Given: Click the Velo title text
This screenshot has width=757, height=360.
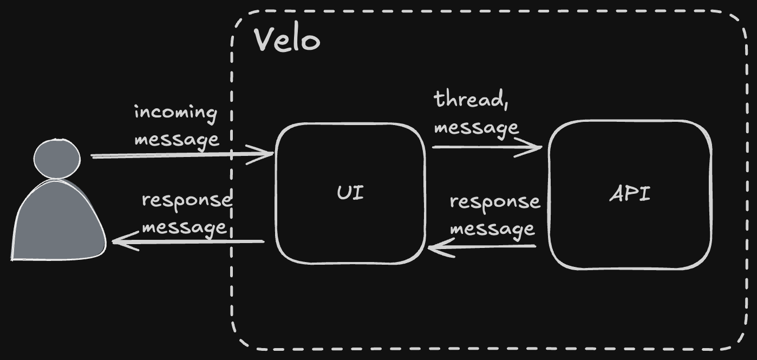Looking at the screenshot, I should [287, 40].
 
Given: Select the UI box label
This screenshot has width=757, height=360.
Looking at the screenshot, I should [350, 193].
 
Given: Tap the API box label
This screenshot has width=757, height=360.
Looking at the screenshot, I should [630, 194].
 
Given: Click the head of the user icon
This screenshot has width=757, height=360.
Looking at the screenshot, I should [57, 158].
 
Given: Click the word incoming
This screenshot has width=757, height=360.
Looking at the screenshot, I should [175, 113].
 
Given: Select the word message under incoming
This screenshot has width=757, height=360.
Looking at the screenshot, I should [177, 139].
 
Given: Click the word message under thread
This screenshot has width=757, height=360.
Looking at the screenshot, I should [476, 128].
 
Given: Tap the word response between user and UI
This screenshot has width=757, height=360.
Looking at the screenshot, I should [186, 200].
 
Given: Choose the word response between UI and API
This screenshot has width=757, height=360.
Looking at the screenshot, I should [494, 202].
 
